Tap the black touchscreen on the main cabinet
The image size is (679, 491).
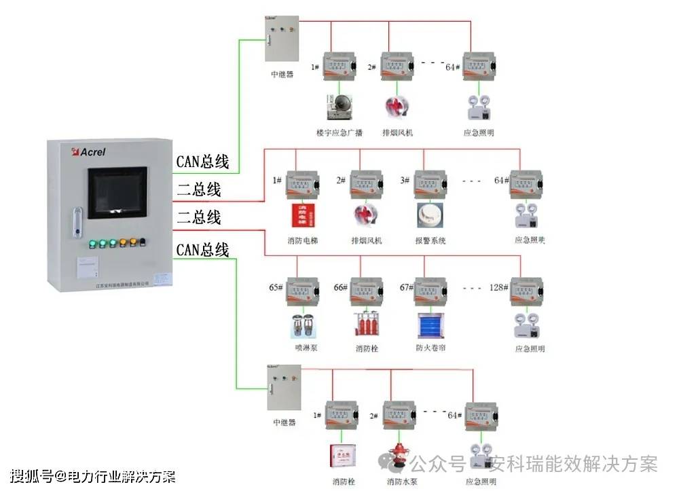click(x=117, y=192)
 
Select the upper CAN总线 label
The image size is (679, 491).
click(x=202, y=162)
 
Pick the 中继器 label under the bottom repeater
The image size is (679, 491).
click(x=285, y=422)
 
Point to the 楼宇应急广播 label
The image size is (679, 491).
click(x=339, y=132)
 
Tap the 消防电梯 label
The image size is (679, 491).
click(x=301, y=240)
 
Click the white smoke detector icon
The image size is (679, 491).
click(x=430, y=215)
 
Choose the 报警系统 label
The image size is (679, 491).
click(x=430, y=240)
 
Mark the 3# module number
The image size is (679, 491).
click(x=405, y=180)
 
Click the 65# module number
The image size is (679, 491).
click(x=276, y=287)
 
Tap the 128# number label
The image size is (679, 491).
click(x=499, y=287)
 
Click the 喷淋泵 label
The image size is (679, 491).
click(x=301, y=348)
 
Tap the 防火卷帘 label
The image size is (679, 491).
click(x=430, y=348)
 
